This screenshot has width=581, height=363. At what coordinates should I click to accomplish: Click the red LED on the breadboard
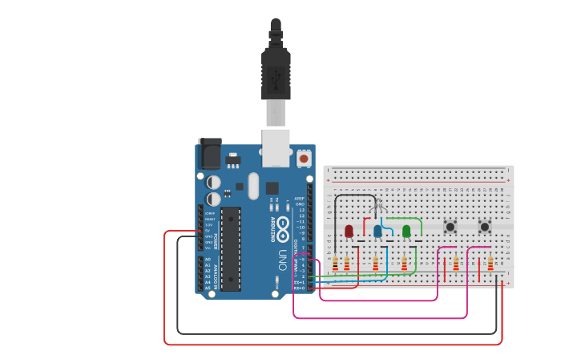click(349, 231)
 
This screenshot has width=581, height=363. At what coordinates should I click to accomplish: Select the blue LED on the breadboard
click(377, 231)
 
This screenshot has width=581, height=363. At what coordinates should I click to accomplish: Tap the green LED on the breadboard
click(406, 231)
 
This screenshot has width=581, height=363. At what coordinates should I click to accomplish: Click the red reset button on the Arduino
click(304, 159)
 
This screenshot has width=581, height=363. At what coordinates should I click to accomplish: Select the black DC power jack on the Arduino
click(210, 154)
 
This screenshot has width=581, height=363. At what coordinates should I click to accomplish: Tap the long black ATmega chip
click(231, 248)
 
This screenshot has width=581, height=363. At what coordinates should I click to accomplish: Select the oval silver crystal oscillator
click(254, 186)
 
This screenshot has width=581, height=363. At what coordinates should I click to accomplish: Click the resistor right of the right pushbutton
click(490, 264)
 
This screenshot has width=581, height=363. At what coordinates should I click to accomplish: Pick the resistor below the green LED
click(404, 264)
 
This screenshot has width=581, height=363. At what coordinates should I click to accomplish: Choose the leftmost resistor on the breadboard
click(335, 264)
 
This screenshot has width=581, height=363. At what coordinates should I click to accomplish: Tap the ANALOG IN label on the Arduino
click(215, 272)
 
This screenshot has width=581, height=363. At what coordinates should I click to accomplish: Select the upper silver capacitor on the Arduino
click(214, 183)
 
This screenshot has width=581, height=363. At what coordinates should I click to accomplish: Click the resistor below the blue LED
click(375, 264)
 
